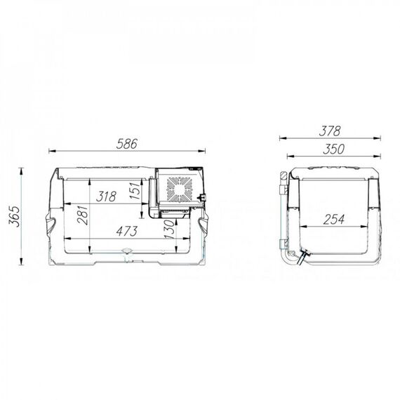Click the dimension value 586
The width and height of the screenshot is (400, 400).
127,144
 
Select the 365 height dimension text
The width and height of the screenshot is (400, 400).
14,216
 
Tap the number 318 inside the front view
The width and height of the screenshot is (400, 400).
106,196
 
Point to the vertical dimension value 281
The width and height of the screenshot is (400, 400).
84,215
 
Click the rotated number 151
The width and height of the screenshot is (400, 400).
135,191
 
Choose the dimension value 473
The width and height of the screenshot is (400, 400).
127,231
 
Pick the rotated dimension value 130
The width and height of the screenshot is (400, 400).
169,229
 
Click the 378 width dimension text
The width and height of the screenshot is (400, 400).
330,131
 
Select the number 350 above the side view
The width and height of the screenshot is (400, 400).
333,149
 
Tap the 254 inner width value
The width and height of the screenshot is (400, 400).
333,220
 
